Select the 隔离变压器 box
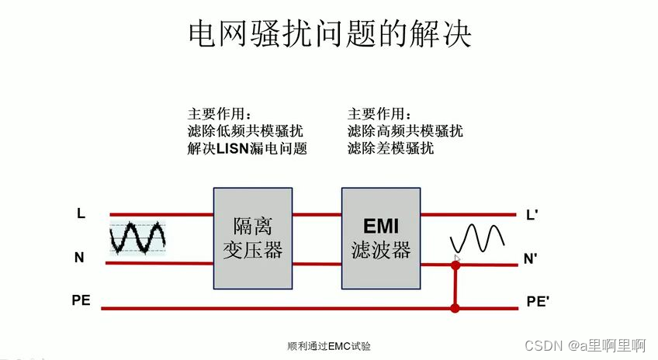[x=253, y=238]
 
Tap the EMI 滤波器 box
[x=380, y=238]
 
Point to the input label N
[x=79, y=258]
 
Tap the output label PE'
[x=538, y=302]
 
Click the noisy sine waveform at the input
[x=137, y=237]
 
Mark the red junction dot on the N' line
[x=455, y=265]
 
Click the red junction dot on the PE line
[x=455, y=308]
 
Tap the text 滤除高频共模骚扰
[x=405, y=130]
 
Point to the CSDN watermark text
[x=586, y=344]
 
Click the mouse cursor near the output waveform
[x=458, y=259]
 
